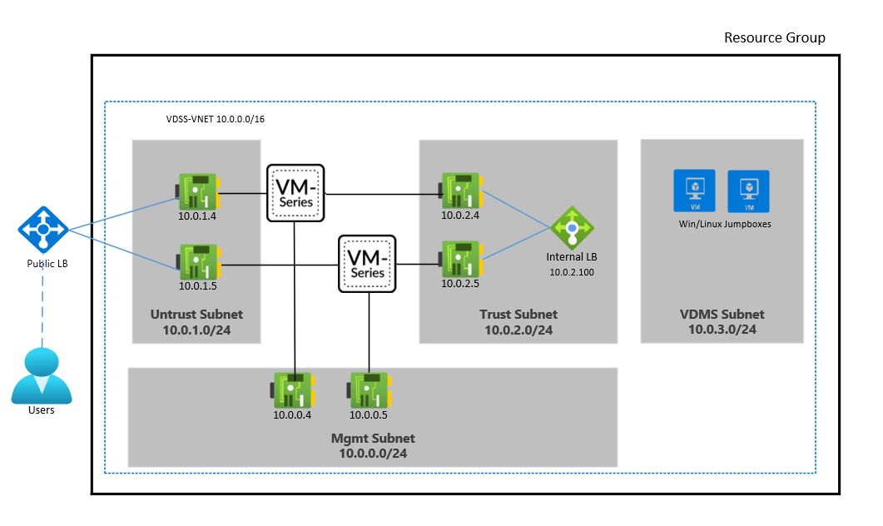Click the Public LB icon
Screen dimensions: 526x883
pyautogui.click(x=40, y=228)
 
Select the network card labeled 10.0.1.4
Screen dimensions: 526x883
pyautogui.click(x=197, y=192)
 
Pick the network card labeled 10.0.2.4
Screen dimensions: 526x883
pyautogui.click(x=460, y=192)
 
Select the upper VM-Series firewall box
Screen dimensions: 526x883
pyautogui.click(x=295, y=193)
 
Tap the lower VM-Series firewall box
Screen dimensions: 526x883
pyautogui.click(x=367, y=263)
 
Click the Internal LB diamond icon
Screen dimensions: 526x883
pyautogui.click(x=572, y=227)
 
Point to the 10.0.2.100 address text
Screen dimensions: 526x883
pyautogui.click(x=572, y=272)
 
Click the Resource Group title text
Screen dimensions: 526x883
pyautogui.click(x=774, y=37)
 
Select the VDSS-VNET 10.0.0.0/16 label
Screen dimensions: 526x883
pyautogui.click(x=216, y=119)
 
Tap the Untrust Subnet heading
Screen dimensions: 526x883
pyautogui.click(x=196, y=315)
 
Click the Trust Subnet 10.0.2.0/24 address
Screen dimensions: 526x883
pyautogui.click(x=518, y=330)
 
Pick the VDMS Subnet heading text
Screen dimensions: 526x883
pyautogui.click(x=722, y=315)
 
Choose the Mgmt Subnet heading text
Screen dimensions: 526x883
pyautogui.click(x=373, y=439)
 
